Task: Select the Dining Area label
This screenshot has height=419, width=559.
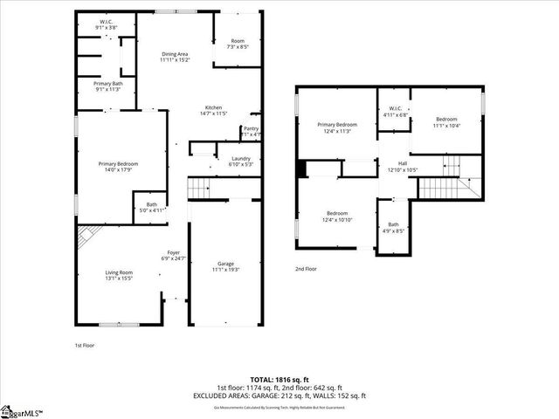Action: coord(175,57)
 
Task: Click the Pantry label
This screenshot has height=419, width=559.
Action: coord(251,131)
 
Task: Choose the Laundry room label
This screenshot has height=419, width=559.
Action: coord(241,161)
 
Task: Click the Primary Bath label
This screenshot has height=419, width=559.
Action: coord(107,86)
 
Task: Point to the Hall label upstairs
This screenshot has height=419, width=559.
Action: coord(403,166)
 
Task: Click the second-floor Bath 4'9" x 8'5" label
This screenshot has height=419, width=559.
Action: coord(393,228)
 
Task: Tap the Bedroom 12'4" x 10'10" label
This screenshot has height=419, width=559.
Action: coord(338,216)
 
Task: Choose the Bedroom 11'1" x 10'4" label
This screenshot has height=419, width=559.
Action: coord(446,121)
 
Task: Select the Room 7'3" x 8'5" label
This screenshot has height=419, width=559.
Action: coord(238,44)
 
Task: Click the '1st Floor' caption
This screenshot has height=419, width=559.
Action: coord(85,346)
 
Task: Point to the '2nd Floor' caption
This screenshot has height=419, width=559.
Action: coord(307,269)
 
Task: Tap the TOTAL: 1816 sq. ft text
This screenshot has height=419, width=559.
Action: coord(280,381)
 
